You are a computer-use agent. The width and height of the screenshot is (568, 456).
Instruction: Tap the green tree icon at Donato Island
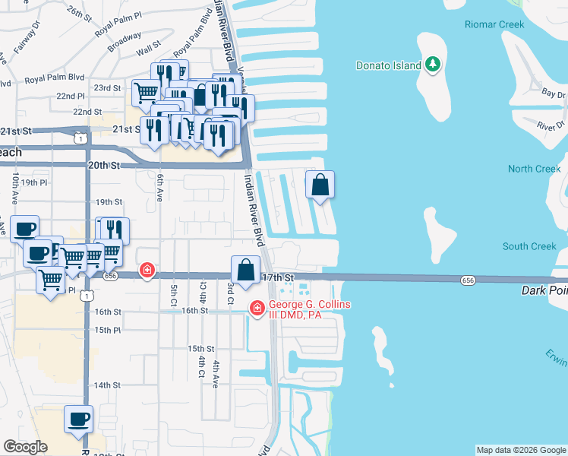coord(434,65)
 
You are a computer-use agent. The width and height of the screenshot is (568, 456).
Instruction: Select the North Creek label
coord(534,169)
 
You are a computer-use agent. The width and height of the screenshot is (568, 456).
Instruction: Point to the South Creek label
coord(529,246)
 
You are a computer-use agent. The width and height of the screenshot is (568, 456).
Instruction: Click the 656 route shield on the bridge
coord(468,281)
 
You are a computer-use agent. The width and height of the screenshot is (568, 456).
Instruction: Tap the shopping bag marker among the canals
coord(320,185)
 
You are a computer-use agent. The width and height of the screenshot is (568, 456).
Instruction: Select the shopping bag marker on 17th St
coord(245,271)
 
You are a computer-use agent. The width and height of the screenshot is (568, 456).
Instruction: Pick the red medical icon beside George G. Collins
coord(257,307)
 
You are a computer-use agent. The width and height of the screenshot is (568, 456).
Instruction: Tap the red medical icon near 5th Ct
coord(147,271)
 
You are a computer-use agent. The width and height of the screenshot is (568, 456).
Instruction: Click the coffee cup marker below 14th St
coord(79,418)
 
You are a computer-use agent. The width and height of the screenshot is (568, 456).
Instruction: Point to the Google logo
coord(25,448)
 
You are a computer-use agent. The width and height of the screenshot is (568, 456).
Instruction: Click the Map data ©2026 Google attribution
coord(521,450)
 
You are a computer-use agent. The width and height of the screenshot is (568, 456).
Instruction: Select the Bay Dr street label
coord(554,93)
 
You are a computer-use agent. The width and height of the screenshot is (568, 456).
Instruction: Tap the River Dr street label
coord(551,125)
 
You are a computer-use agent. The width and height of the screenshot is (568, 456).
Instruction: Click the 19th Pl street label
coord(34,183)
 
